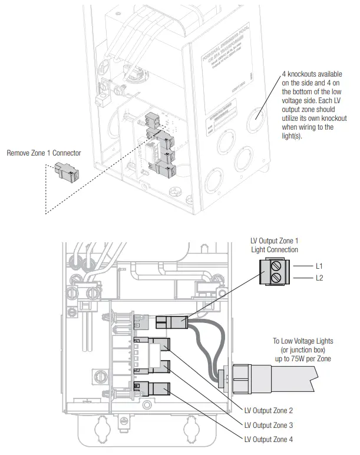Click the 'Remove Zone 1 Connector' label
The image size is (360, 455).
tap(44, 153)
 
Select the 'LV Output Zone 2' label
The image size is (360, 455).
tap(269, 410)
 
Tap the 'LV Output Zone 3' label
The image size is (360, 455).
tap(269, 424)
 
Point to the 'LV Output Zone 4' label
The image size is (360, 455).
tap(269, 439)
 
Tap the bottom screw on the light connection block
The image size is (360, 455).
tap(275, 278)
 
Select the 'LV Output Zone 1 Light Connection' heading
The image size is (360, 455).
tap(275, 245)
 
